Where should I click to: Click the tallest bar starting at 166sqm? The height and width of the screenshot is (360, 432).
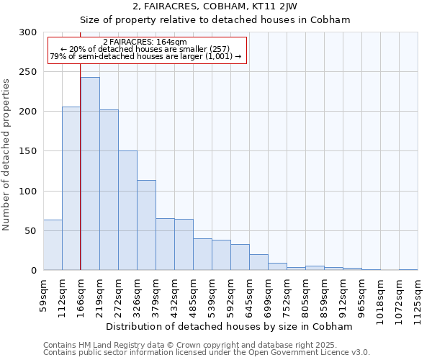pyautogui.click(x=90, y=174)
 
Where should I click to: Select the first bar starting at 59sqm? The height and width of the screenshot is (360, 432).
pyautogui.click(x=53, y=245)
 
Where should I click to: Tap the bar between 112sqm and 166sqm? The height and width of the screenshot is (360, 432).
pyautogui.click(x=71, y=189)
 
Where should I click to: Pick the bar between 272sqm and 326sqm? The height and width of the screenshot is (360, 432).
pyautogui.click(x=127, y=210)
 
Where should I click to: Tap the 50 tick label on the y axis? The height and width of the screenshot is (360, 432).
pyautogui.click(x=31, y=231)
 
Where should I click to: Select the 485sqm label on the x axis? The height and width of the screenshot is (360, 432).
pyautogui.click(x=194, y=294)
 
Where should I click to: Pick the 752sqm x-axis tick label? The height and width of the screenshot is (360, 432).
pyautogui.click(x=287, y=294)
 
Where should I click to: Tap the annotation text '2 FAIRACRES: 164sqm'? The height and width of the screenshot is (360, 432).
pyautogui.click(x=146, y=42)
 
